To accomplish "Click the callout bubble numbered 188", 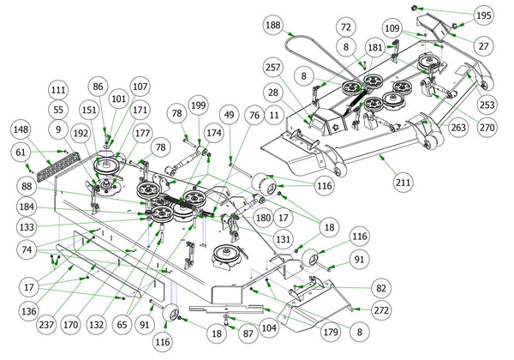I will pos(272,26).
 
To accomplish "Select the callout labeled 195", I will pos(484,15).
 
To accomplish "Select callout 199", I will pos(198,105).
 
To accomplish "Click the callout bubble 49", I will pos(230,114).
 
